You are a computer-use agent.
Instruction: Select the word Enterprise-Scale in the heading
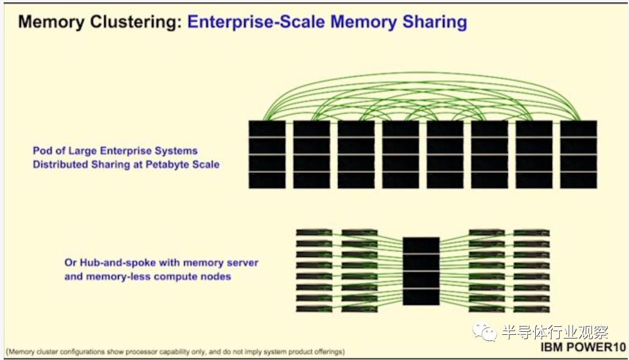[257, 22]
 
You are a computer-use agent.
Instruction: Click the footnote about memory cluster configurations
[175, 351]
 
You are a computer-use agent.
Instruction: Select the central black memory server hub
[421, 271]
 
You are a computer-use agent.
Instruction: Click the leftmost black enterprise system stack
[267, 154]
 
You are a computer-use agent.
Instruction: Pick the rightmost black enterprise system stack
[578, 154]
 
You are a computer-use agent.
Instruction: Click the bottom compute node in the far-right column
[531, 308]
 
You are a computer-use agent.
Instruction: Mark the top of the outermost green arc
[422, 74]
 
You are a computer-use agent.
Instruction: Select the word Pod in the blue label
[41, 150]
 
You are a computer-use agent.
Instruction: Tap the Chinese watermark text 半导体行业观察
[554, 332]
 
